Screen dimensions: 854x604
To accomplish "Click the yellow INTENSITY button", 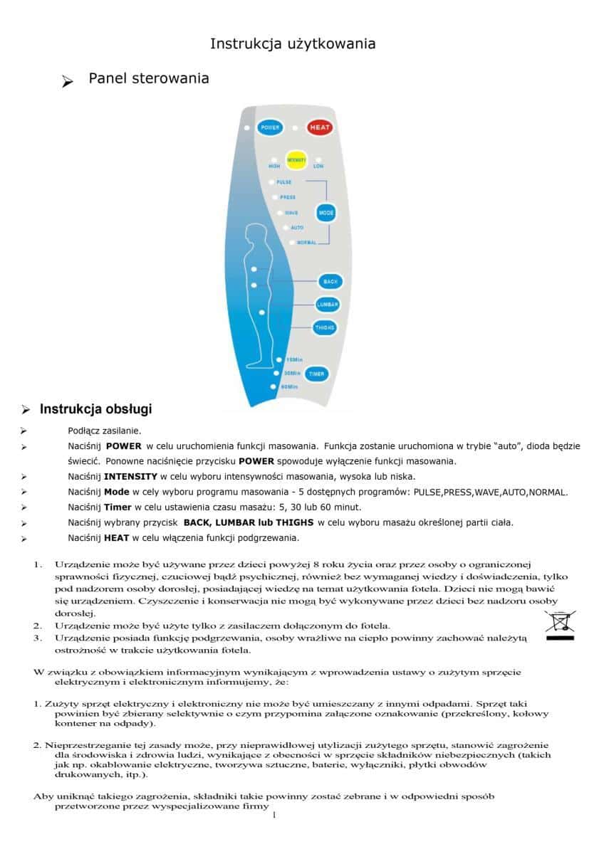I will pyautogui.click(x=296, y=161).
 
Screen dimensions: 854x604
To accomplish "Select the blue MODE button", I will pyautogui.click(x=326, y=213).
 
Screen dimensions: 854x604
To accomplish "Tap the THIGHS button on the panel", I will pyautogui.click(x=325, y=327).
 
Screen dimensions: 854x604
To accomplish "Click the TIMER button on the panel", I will pyautogui.click(x=316, y=374).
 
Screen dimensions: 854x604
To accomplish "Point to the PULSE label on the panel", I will pyautogui.click(x=284, y=182).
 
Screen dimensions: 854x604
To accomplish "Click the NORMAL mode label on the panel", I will pyautogui.click(x=306, y=243).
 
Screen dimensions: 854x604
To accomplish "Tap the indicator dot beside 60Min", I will pyautogui.click(x=273, y=386).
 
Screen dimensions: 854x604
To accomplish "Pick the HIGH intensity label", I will pyautogui.click(x=274, y=167).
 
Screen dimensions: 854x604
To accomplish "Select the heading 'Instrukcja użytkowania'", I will pyautogui.click(x=293, y=44).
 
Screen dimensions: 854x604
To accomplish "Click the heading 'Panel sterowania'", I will pyautogui.click(x=148, y=79).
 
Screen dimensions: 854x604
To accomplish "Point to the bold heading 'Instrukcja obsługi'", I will pyautogui.click(x=95, y=409).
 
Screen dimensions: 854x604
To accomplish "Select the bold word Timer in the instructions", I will pyautogui.click(x=118, y=507).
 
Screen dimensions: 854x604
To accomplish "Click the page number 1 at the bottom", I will pyautogui.click(x=274, y=815).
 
